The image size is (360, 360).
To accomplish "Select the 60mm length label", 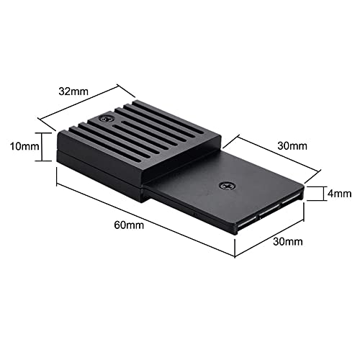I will point(130,225).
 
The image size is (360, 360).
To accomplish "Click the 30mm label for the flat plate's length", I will point(292,145).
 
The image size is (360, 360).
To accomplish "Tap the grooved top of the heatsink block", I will point(137,133).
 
